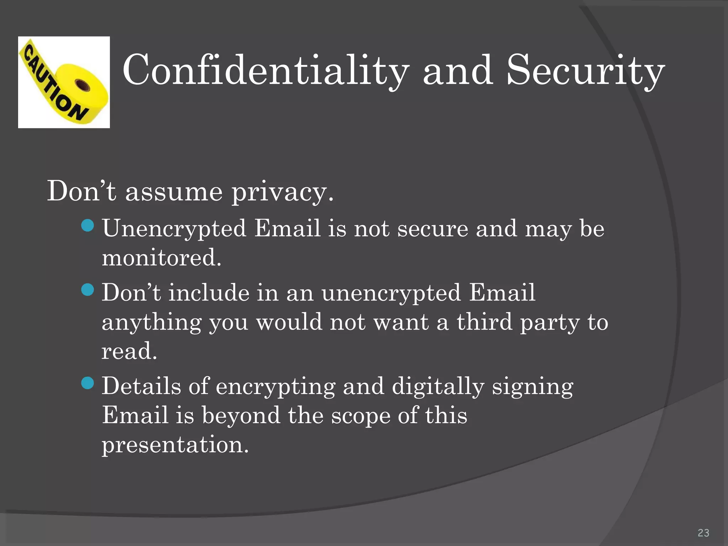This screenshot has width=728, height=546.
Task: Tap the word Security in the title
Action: tap(585, 70)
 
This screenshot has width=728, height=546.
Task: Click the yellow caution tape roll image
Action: tap(64, 82)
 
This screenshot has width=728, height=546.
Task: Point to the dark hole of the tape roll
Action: tap(83, 85)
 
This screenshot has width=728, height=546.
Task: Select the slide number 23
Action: tap(703, 532)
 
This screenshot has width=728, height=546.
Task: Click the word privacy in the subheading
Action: tap(283, 192)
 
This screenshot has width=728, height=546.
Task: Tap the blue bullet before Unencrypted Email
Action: tap(87, 225)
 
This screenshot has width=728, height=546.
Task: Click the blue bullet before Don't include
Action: tap(87, 289)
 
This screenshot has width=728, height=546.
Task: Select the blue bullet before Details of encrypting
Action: tap(87, 383)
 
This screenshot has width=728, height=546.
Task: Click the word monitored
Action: tap(161, 257)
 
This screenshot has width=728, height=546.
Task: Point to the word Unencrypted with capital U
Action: tap(174, 229)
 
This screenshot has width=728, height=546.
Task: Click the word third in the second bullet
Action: tap(485, 322)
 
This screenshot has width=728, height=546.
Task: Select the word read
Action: tap(129, 351)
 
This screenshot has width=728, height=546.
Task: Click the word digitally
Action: tap(438, 387)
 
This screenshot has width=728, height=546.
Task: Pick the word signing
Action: tap(532, 387)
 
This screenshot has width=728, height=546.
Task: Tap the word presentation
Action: tap(175, 445)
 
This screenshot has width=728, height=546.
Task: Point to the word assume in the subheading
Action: tap(174, 192)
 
